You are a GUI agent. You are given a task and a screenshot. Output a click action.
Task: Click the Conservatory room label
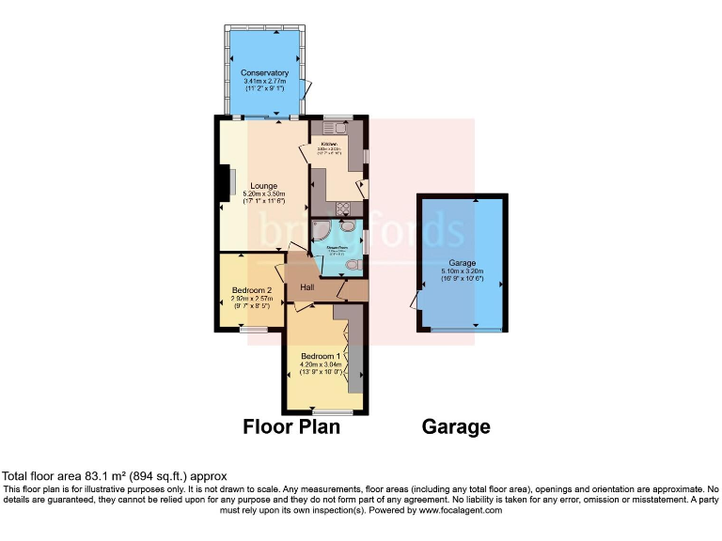(x=263, y=73)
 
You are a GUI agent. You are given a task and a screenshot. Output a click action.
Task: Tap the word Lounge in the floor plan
(x=263, y=186)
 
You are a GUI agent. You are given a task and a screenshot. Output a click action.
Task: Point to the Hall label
(x=306, y=287)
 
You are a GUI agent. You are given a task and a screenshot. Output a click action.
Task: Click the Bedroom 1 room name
(x=321, y=357)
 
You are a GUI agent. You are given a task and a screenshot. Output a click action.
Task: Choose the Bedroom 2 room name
(x=252, y=290)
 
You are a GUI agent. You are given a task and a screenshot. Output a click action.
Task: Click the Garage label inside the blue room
(x=462, y=264)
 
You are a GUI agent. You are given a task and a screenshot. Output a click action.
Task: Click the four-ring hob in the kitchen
(x=340, y=209)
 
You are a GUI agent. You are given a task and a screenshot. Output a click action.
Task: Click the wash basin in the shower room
(x=349, y=225)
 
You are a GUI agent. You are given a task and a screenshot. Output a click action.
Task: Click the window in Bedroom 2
(x=251, y=329)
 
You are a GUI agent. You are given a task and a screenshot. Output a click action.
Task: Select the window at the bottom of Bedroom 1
(x=326, y=412)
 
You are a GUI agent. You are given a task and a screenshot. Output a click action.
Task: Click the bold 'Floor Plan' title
(x=291, y=427)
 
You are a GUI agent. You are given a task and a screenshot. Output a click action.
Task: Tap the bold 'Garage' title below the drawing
(x=456, y=427)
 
